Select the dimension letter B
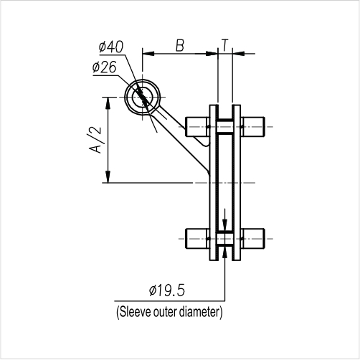point(179,46)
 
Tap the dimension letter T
point(226,45)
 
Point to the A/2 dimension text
point(93,140)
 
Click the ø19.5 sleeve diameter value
point(167,290)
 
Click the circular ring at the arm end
point(143,97)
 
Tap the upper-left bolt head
point(197,127)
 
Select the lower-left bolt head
point(197,237)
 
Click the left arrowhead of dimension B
point(148,53)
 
